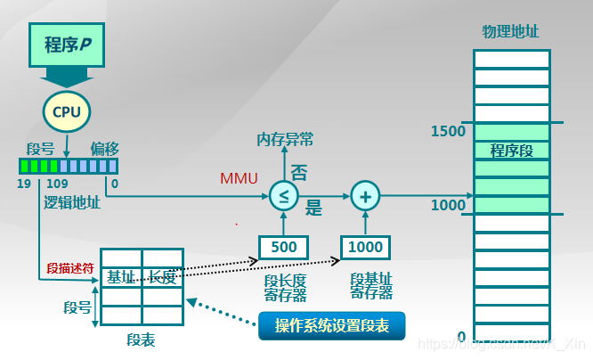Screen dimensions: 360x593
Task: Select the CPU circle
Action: click(x=66, y=111)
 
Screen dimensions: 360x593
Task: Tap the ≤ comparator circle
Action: click(x=284, y=196)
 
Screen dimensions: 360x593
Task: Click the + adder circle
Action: click(x=364, y=196)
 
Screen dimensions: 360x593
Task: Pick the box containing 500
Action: click(x=284, y=247)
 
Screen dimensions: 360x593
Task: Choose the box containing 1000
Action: click(x=365, y=247)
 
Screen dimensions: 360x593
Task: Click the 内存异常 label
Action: click(x=285, y=139)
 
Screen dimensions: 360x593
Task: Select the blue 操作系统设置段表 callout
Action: click(x=330, y=325)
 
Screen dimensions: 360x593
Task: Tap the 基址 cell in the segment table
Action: click(x=121, y=277)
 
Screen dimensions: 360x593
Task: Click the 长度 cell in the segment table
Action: click(x=162, y=277)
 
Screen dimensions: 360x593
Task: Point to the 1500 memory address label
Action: click(x=449, y=131)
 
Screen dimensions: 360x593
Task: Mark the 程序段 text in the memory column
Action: click(x=512, y=151)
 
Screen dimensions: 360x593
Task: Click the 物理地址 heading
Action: click(x=511, y=32)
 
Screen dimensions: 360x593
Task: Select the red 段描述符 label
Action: click(x=68, y=268)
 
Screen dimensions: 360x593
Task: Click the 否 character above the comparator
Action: click(x=299, y=173)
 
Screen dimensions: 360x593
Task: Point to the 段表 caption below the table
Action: click(x=142, y=341)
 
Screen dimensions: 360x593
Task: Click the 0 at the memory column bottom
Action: click(x=461, y=337)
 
